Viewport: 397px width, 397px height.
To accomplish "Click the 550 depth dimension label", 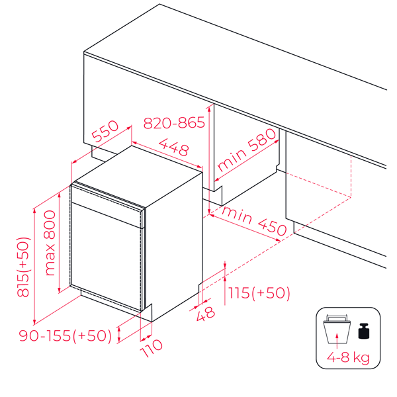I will pos(105,132).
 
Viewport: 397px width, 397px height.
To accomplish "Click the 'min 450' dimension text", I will pos(254,221).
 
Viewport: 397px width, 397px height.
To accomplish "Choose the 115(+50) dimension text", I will pos(259,292).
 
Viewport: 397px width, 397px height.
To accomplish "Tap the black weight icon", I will pos(363,331).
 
